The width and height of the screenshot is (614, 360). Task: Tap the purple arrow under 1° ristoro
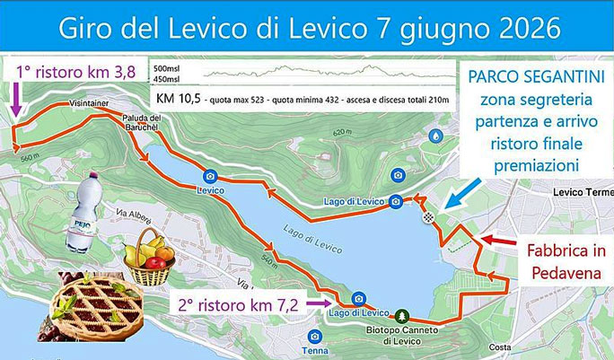pyautogui.click(x=15, y=99)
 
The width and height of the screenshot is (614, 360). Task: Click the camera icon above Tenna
pyautogui.click(x=313, y=335)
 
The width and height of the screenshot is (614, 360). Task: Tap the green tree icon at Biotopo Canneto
pyautogui.click(x=401, y=316)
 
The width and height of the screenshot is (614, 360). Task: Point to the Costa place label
pyautogui.click(x=501, y=347)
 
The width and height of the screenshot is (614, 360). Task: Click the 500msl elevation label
pyautogui.click(x=168, y=68)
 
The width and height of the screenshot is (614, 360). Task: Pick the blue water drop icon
pyautogui.click(x=436, y=135)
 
